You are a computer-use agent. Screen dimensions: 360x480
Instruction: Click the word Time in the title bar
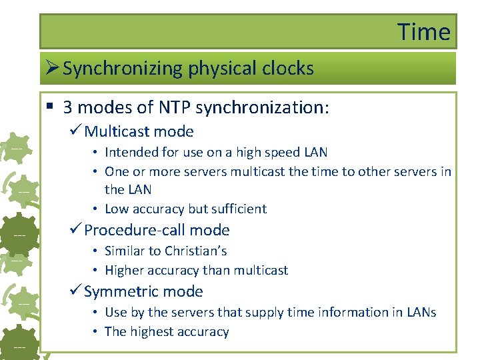(424, 31)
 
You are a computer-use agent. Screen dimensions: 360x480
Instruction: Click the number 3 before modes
(69, 107)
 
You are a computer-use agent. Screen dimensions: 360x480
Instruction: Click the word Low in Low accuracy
(117, 209)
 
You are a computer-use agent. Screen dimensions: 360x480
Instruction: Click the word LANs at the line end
(420, 312)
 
